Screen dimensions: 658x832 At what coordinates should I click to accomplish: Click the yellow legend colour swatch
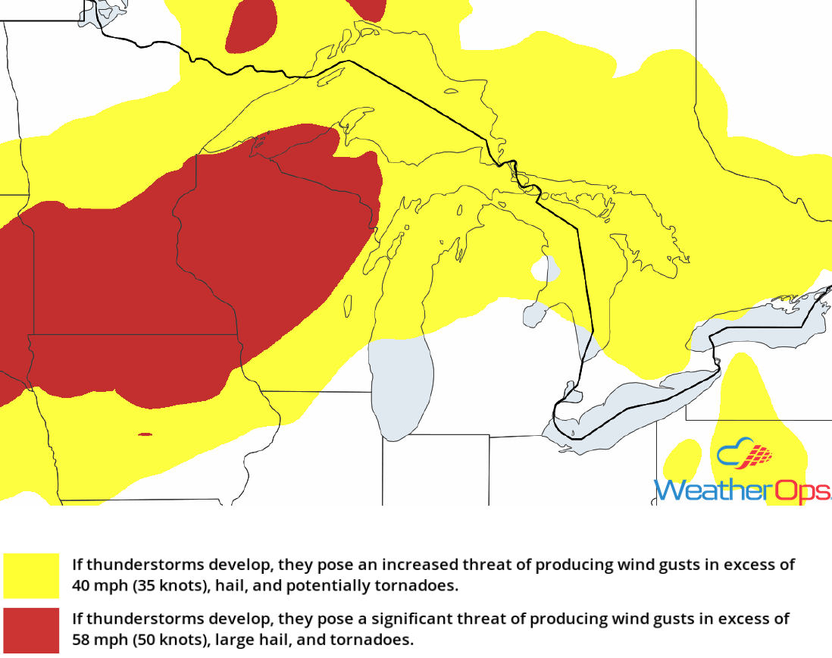tap(31, 575)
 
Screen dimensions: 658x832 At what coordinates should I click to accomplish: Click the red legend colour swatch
tap(31, 630)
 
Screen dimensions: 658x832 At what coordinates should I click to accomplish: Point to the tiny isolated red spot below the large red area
tap(145, 434)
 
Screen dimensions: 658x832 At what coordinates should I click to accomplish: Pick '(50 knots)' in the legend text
tap(165, 640)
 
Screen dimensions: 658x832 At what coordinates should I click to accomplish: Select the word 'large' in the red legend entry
tap(234, 640)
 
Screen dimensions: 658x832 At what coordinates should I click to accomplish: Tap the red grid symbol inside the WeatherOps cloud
tap(759, 455)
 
